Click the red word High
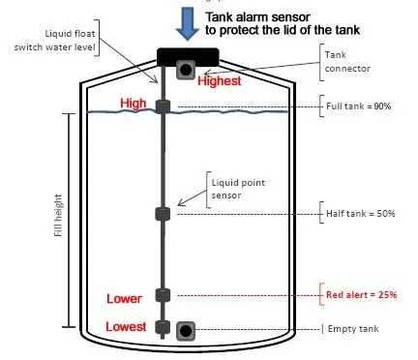tap(133, 103)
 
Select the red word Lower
tap(126, 297)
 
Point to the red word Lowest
tap(126, 327)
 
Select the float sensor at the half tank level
tap(163, 214)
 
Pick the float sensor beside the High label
tap(163, 106)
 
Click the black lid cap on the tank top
tap(184, 53)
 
